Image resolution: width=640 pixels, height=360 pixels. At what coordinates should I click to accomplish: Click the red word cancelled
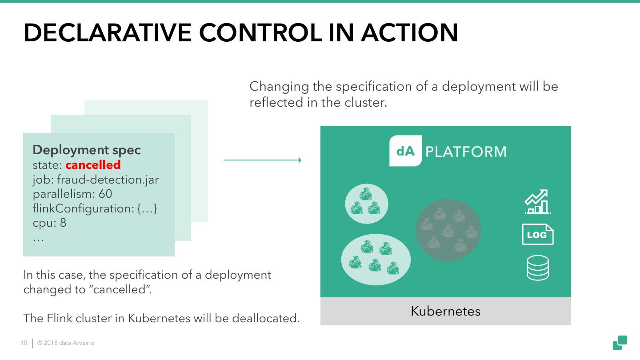point(93,165)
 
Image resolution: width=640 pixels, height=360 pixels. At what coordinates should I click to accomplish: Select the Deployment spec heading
point(87,150)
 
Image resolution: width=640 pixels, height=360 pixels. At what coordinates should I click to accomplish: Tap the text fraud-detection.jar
point(108,180)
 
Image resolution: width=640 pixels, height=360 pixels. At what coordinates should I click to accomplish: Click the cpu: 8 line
point(49,222)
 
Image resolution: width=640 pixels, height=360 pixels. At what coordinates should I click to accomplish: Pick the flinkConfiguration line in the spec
point(95,208)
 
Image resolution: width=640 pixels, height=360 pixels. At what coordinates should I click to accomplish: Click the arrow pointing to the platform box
point(262,160)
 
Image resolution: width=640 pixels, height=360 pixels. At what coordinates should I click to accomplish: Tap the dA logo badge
point(405,151)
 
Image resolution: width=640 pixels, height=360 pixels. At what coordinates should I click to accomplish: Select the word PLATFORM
point(466,152)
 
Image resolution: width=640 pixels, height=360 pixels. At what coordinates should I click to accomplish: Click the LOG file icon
point(537,234)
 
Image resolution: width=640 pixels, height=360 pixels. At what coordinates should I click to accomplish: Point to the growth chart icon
point(537,202)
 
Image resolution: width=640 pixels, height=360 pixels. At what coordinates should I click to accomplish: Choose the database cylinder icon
point(537,268)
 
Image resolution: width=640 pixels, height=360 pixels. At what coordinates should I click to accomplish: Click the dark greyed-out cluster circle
point(448,230)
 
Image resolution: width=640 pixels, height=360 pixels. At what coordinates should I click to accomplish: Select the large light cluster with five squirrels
point(376,260)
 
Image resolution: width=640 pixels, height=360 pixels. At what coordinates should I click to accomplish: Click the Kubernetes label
point(445,311)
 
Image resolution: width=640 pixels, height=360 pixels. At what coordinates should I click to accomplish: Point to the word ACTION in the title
point(409,32)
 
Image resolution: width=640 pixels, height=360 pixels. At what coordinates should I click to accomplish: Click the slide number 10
point(24,343)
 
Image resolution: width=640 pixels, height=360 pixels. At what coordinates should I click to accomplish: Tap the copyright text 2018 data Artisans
point(66,343)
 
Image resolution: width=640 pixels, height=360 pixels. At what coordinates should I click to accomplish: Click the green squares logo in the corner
point(620,343)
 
